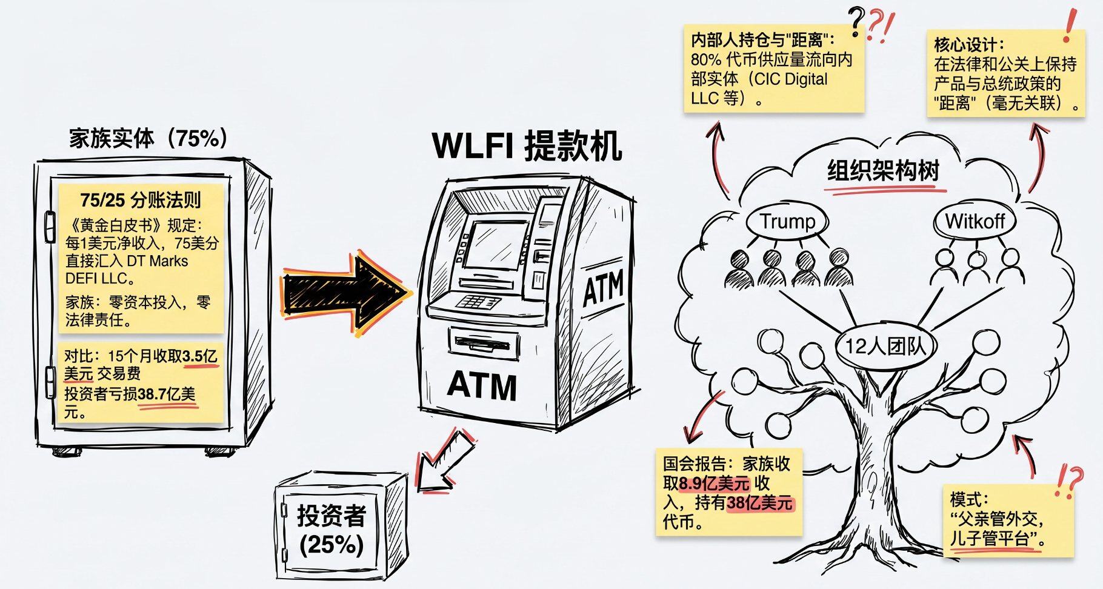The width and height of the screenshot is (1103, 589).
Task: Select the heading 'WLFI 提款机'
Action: (x=527, y=146)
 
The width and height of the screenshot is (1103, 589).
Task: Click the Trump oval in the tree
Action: (x=787, y=222)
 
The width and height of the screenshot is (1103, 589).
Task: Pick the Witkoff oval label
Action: (x=974, y=222)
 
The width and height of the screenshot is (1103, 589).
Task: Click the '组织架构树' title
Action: (x=883, y=171)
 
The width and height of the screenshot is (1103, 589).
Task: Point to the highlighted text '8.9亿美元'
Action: (x=714, y=484)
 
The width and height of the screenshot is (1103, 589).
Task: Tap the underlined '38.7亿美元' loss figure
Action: (x=167, y=394)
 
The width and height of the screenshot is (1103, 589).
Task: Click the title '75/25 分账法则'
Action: (x=140, y=200)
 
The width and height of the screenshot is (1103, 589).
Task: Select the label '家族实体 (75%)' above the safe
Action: (x=148, y=139)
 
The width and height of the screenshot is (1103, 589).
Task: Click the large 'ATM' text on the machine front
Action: (x=482, y=385)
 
